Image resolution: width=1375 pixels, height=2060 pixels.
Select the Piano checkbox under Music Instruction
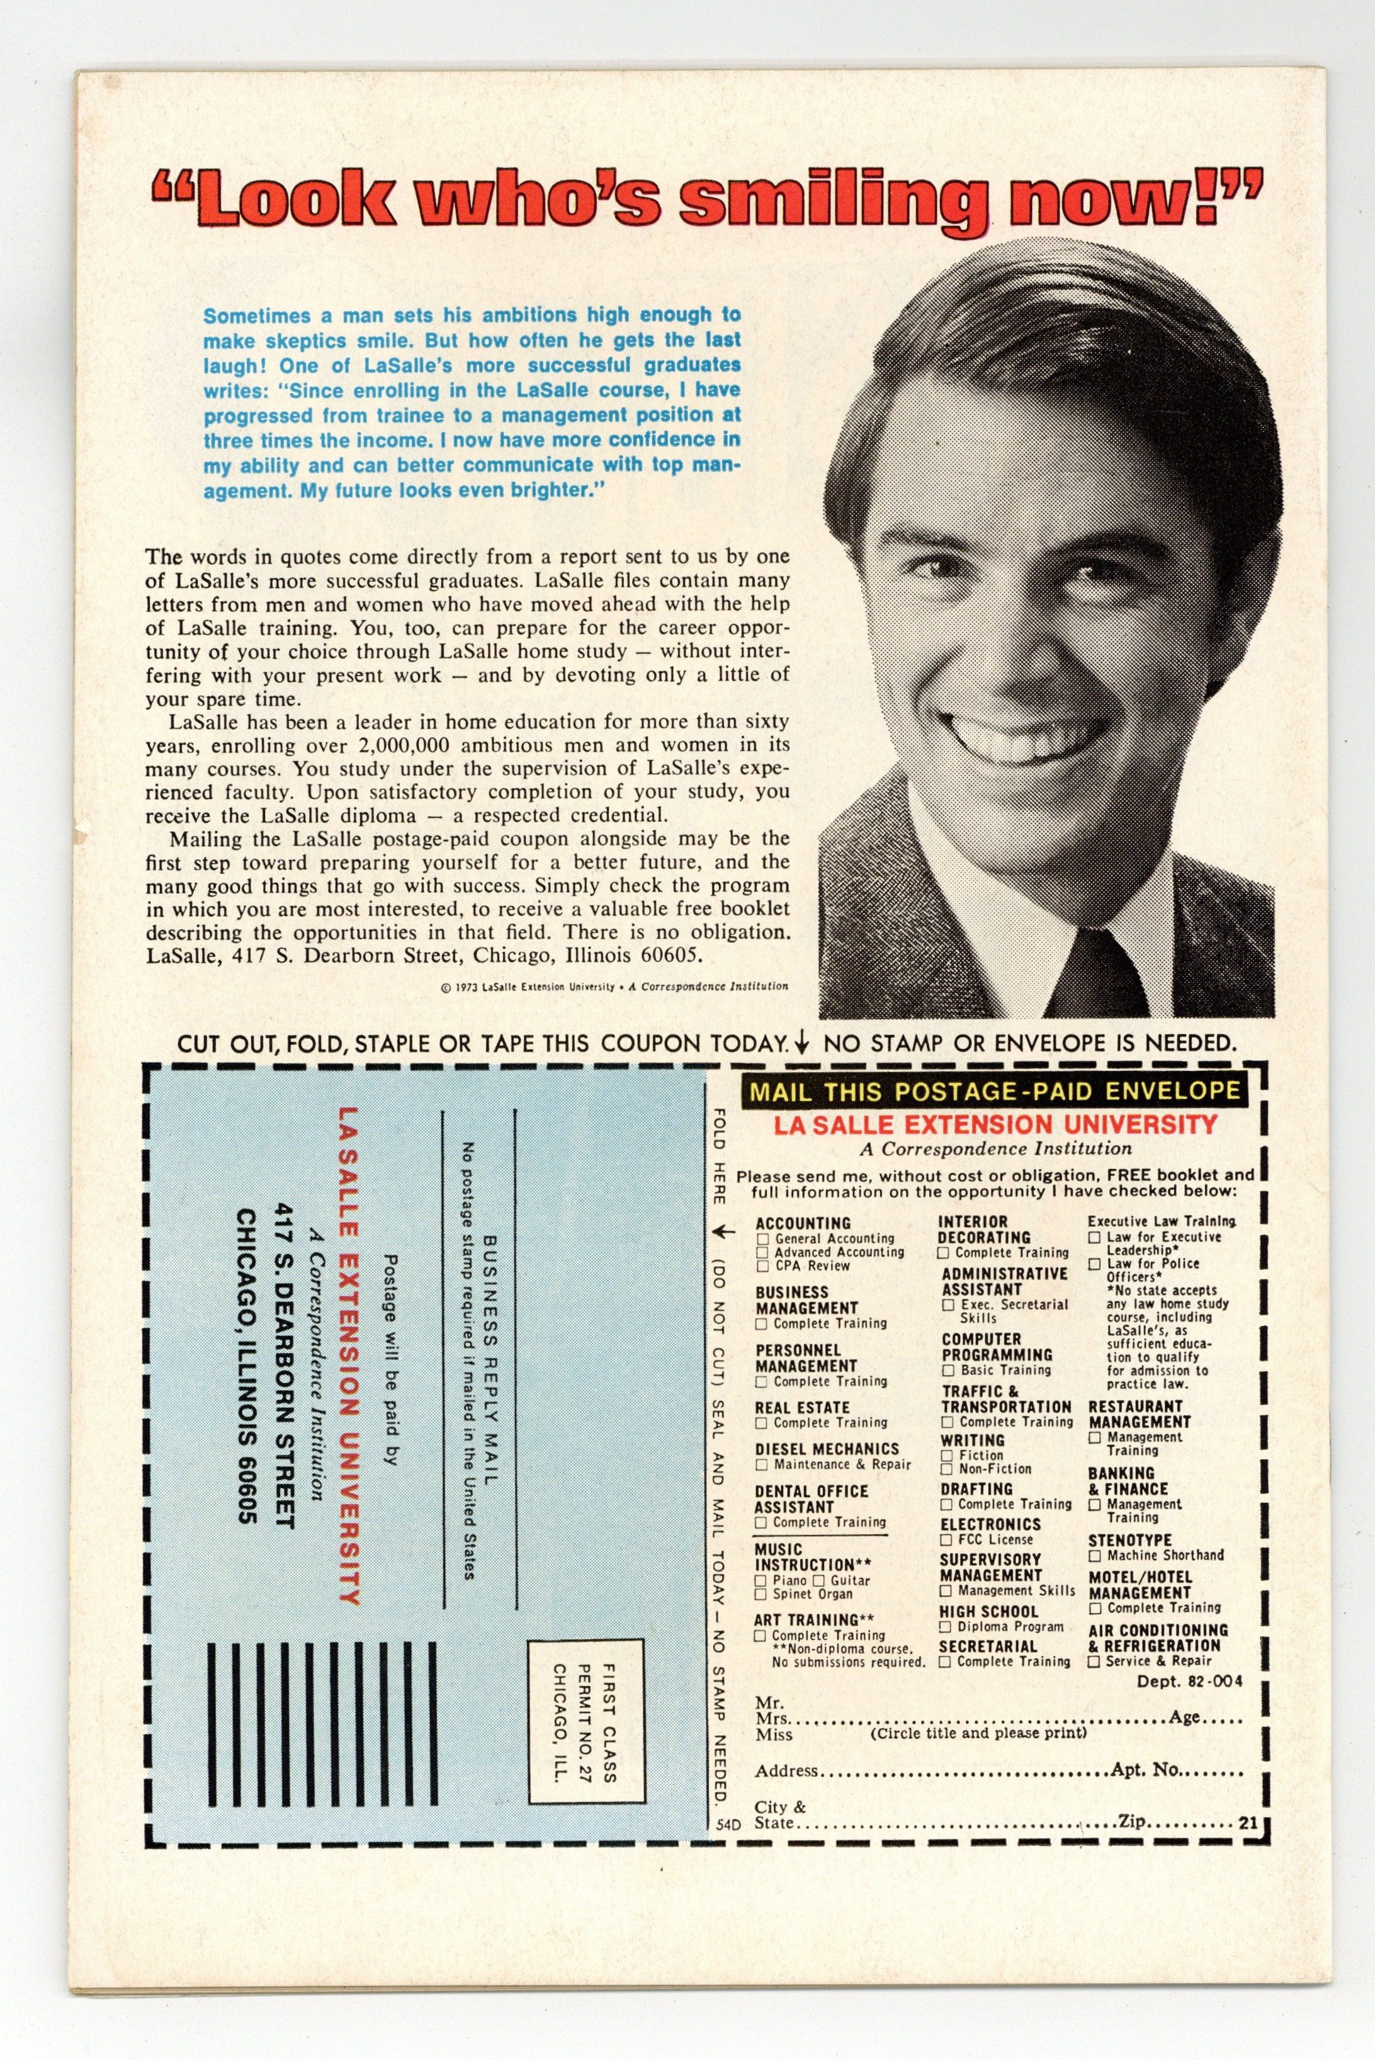[761, 1580]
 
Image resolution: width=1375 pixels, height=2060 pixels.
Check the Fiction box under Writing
[947, 1455]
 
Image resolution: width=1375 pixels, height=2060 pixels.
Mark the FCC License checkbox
[947, 1539]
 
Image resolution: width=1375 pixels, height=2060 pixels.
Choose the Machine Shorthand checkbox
[1094, 1556]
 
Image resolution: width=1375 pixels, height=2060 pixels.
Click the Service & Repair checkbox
[1094, 1661]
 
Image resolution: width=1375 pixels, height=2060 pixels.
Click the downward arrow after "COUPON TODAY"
[800, 1044]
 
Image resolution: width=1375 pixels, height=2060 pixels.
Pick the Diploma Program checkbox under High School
[947, 1627]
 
